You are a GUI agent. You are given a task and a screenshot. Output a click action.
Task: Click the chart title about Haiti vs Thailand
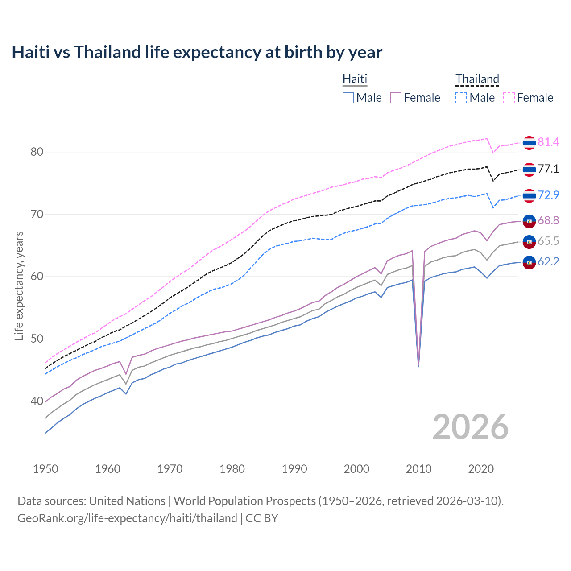coord(197,52)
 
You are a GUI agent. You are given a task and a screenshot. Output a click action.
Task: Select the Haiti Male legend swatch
coord(348,98)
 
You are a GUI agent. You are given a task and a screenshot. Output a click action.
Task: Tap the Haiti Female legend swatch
coord(396,98)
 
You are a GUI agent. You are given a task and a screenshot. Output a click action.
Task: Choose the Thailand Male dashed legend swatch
coord(461,98)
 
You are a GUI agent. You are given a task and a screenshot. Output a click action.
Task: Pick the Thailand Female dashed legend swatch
coord(509,98)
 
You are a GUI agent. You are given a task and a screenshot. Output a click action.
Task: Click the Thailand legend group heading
coord(477,79)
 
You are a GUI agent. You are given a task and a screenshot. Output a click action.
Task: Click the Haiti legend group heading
coord(355,79)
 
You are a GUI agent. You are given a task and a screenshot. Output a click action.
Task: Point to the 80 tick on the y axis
coord(37,152)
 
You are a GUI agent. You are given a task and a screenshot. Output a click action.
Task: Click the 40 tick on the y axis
coord(37,401)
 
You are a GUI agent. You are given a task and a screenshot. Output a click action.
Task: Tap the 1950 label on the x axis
coord(46,469)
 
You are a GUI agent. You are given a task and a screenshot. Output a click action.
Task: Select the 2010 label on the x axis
coord(418,469)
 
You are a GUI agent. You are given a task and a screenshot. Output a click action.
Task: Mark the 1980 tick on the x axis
coord(232,469)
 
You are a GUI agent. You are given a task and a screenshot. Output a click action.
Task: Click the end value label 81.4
coord(548,142)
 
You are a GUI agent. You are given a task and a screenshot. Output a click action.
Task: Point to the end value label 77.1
coord(548,169)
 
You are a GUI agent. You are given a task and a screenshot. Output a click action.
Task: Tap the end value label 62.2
coord(548,261)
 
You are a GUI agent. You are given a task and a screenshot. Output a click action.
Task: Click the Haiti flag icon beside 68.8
coord(529,221)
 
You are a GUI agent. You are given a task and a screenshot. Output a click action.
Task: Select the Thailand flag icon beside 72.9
coord(529,195)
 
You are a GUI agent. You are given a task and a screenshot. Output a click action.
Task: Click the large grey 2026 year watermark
coord(470,427)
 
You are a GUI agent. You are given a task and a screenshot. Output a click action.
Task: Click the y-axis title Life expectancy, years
coord(19,285)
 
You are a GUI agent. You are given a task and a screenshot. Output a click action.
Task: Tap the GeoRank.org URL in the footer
coord(127,518)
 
